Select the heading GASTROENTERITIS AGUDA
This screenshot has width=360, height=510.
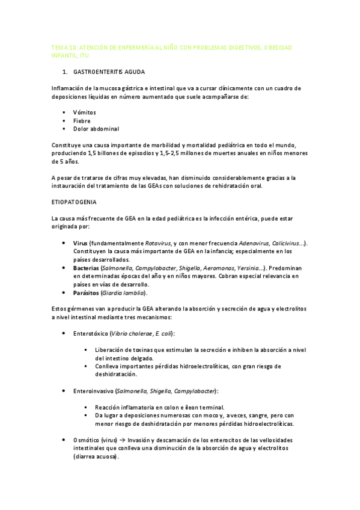click(x=113, y=72)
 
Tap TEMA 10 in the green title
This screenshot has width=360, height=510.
click(x=65, y=47)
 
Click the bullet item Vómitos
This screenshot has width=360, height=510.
click(x=84, y=112)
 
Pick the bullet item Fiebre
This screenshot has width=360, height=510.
click(x=82, y=120)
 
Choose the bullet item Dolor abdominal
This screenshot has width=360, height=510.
click(x=96, y=129)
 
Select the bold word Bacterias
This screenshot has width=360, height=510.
click(x=86, y=268)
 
